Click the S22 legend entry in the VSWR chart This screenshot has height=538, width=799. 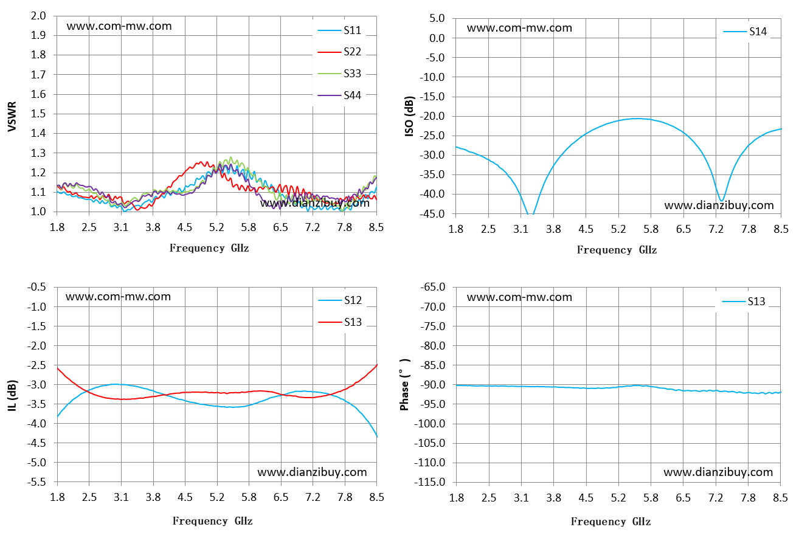coord(339,52)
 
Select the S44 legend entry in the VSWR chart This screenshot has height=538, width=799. coord(339,95)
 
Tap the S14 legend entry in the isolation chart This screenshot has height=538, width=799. coord(745,32)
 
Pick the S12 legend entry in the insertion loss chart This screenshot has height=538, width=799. coord(340,300)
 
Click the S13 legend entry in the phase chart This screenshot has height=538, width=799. coord(744,302)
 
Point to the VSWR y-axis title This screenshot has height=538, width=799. coord(12,117)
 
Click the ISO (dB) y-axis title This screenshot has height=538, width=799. coord(409,116)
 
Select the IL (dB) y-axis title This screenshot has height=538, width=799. coord(12,395)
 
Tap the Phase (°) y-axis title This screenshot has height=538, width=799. coord(404,385)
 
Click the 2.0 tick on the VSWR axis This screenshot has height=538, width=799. coord(38,16)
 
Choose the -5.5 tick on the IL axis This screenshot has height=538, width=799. coord(36,482)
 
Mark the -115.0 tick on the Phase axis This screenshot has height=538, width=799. coord(430,482)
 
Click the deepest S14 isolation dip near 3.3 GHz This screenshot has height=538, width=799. coord(531,214)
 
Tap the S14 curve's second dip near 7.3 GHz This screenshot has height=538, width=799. coord(721,201)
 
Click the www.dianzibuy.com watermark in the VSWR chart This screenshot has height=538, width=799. coord(314,203)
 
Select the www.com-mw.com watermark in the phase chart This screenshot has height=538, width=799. coord(519,297)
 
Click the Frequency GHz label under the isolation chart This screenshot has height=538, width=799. coord(617,250)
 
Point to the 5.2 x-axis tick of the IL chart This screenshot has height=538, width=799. coord(217,497)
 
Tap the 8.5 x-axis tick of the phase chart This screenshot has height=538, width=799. coord(780,497)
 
